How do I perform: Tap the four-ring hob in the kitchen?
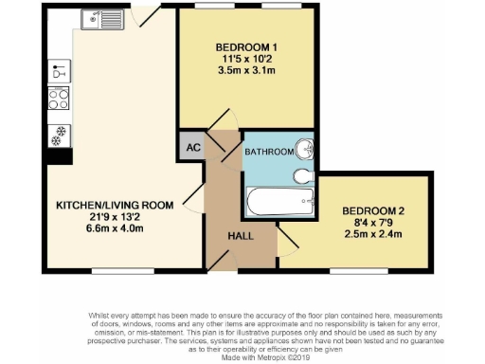pyautogui.click(x=58, y=98)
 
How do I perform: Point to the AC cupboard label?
pyautogui.click(x=190, y=147)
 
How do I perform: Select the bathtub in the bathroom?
pyautogui.click(x=279, y=201)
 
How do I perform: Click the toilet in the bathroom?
pyautogui.click(x=302, y=176)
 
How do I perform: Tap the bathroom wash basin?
pyautogui.click(x=304, y=150)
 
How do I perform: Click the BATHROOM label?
pyautogui.click(x=268, y=152)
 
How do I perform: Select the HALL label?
pyautogui.click(x=240, y=238)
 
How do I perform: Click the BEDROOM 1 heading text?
pyautogui.click(x=246, y=47)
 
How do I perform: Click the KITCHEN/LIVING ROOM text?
pyautogui.click(x=114, y=205)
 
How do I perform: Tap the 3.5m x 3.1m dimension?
pyautogui.click(x=246, y=70)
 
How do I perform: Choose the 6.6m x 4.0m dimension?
pyautogui.click(x=114, y=228)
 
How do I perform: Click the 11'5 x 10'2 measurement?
pyautogui.click(x=246, y=59)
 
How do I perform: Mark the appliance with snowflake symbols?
pyautogui.click(x=58, y=133)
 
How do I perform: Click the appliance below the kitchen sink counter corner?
pyautogui.click(x=58, y=71)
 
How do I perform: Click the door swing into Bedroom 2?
pyautogui.click(x=285, y=245)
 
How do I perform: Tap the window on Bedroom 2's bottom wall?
pyautogui.click(x=358, y=270)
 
